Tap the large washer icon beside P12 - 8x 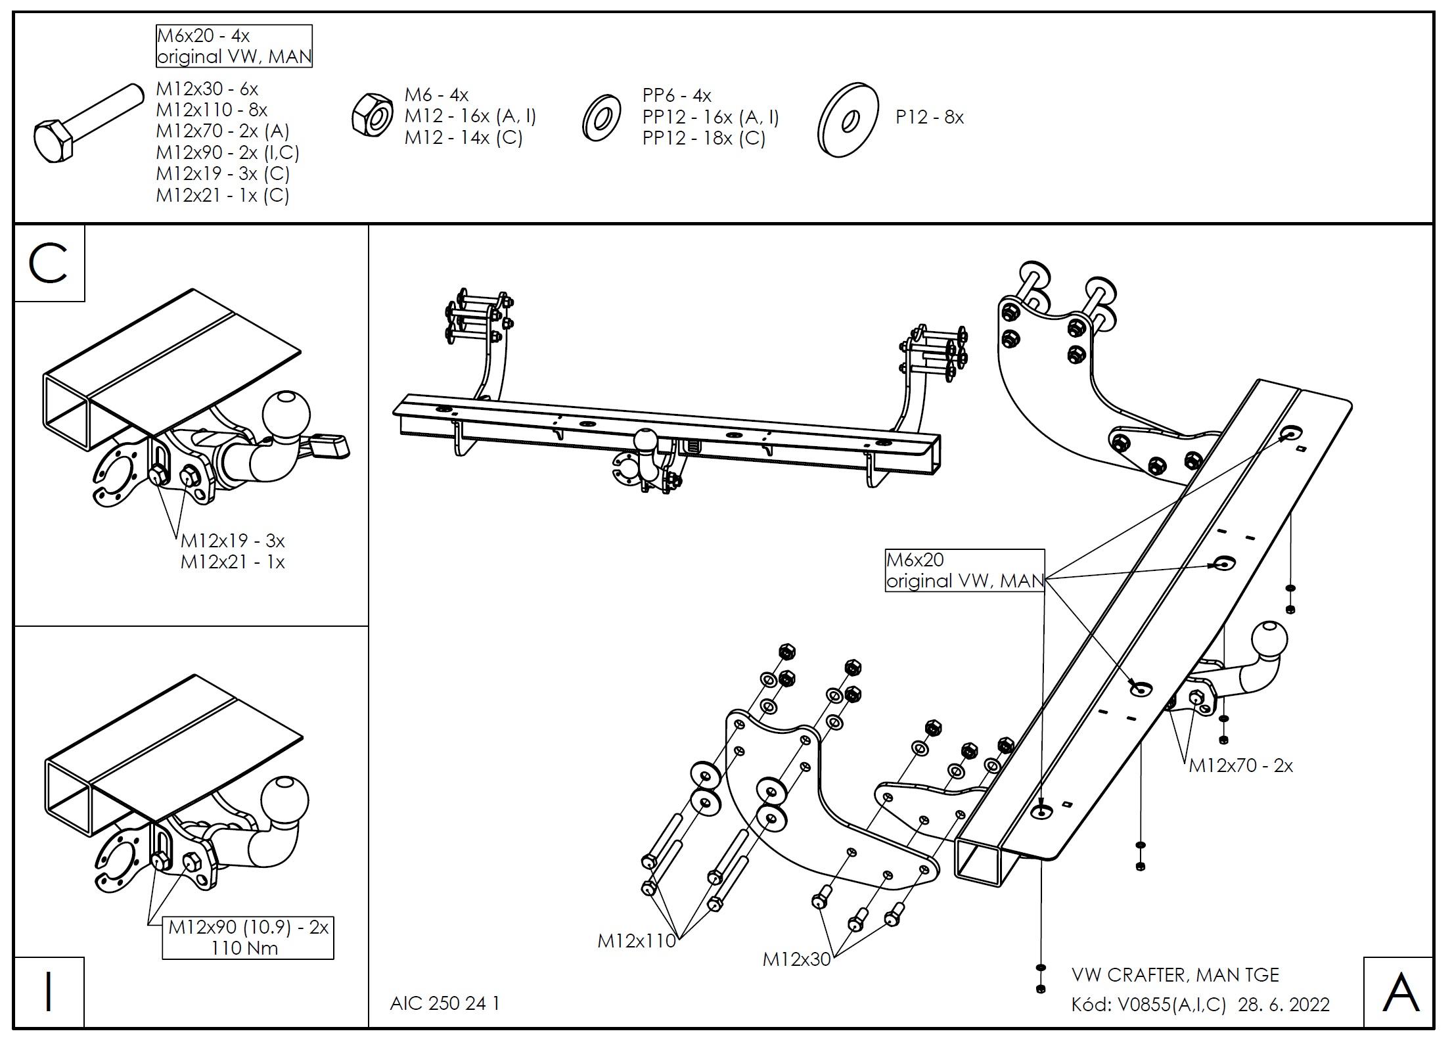849,120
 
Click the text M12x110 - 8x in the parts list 212,110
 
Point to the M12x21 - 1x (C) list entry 222,195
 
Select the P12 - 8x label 929,118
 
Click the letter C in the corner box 48,263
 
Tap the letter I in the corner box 48,993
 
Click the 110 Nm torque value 244,948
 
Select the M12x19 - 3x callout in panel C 233,541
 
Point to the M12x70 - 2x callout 1240,765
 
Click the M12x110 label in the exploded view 636,941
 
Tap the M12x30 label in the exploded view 796,959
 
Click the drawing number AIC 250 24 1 445,1003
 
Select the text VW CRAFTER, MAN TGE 1175,974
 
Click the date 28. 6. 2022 1284,1005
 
